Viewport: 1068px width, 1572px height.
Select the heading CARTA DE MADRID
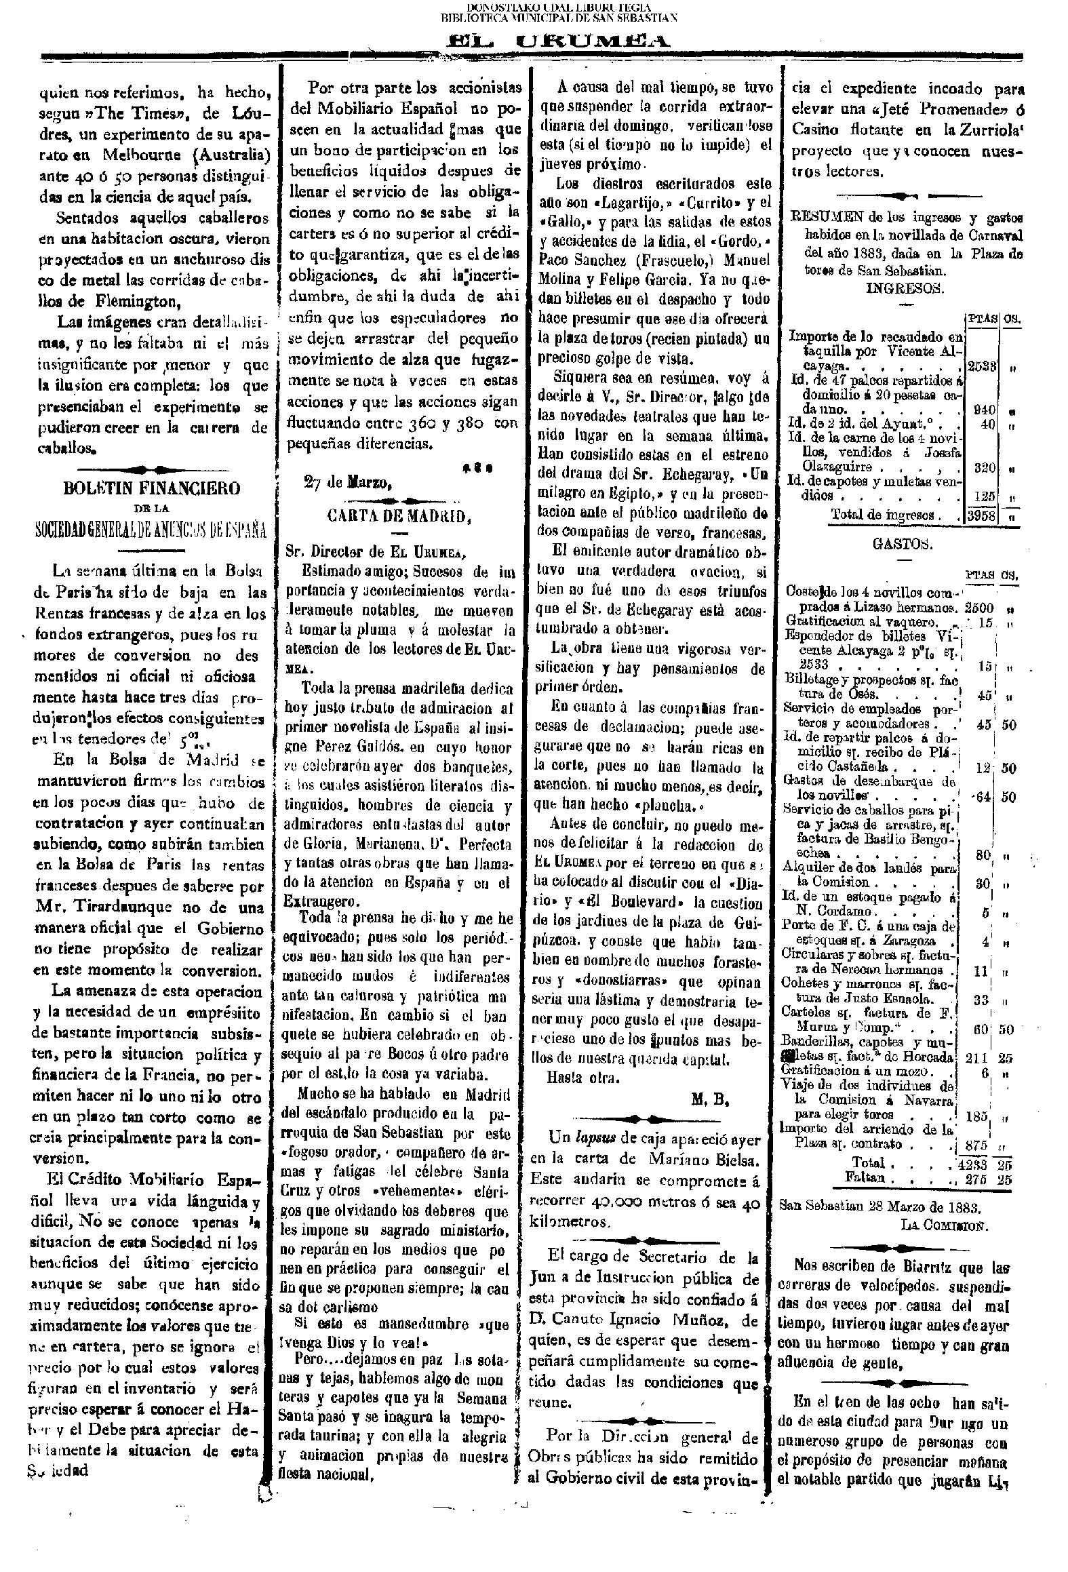pyautogui.click(x=398, y=516)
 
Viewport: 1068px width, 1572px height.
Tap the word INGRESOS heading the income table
pyautogui.click(x=905, y=288)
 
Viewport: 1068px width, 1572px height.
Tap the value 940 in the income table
pyautogui.click(x=984, y=410)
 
